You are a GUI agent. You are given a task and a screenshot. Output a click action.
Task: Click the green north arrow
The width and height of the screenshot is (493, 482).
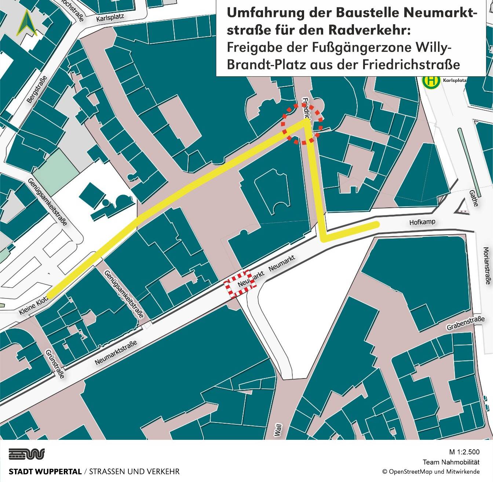point(26,23)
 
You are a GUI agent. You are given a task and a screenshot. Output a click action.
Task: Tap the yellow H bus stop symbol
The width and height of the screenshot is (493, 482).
point(431,81)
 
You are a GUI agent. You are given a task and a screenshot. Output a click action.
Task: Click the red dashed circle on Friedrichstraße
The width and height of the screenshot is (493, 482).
point(302,124)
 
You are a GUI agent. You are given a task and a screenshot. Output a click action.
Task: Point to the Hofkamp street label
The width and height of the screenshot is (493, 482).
point(422,222)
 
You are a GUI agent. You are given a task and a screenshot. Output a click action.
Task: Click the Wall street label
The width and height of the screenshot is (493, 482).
point(278,430)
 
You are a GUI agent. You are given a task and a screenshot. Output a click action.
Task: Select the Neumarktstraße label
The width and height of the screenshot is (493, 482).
point(116,352)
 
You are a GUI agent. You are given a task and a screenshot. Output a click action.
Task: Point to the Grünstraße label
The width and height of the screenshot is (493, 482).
point(55,363)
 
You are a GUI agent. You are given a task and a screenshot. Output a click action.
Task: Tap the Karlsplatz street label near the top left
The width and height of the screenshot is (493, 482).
point(110,17)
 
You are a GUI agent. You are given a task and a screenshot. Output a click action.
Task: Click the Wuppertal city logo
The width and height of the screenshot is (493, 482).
point(26,454)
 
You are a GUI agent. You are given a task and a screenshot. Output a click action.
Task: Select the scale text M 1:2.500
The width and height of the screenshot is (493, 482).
point(464,452)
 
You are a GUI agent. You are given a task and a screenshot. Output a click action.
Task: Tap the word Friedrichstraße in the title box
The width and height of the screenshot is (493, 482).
point(411,65)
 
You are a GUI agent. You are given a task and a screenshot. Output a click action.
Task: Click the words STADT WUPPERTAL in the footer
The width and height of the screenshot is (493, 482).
point(45,472)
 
